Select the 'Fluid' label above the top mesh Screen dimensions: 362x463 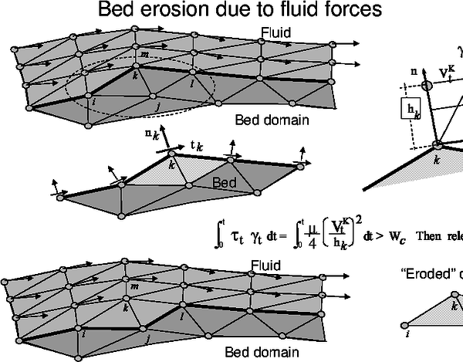coord(275,32)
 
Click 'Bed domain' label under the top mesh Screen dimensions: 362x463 coord(272,120)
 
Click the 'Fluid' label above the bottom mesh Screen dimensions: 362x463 coord(267,266)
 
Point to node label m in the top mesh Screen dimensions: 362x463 coord(144,54)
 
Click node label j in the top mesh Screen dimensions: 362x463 coord(157,107)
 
